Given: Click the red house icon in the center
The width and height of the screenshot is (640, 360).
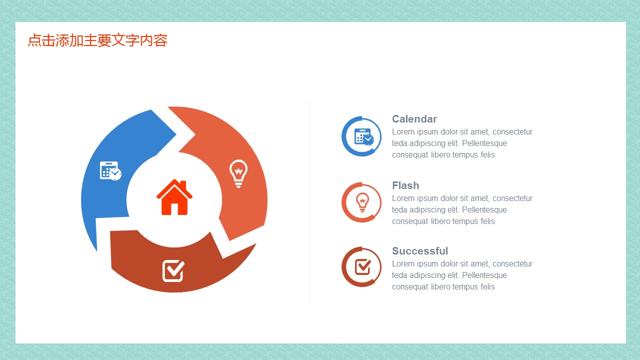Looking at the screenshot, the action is (174, 197).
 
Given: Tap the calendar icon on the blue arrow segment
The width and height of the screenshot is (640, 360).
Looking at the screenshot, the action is (110, 171).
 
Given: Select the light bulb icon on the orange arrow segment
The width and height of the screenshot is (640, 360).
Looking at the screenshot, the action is (238, 173).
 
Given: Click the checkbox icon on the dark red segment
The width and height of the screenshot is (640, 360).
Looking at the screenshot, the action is (173, 271).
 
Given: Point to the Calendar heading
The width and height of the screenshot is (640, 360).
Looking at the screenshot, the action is (414, 119).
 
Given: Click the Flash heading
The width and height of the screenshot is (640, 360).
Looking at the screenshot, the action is (405, 185).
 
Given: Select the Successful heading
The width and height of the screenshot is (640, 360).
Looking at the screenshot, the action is (420, 251).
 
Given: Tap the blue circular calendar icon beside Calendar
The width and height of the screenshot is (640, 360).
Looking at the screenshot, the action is (361, 136).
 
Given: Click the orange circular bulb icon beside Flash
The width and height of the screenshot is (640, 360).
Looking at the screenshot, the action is (361, 202).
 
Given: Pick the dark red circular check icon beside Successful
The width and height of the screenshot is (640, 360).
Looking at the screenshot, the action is (361, 267).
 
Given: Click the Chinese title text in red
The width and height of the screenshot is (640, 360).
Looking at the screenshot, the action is (97, 40).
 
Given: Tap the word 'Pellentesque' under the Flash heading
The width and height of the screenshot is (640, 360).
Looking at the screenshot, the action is (484, 209).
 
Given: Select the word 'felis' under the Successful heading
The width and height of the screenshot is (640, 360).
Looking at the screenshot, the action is (487, 286).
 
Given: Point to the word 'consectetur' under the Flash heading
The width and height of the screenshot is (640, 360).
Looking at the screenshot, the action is (512, 198).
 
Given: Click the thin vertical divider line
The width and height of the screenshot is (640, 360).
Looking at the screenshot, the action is (309, 201).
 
